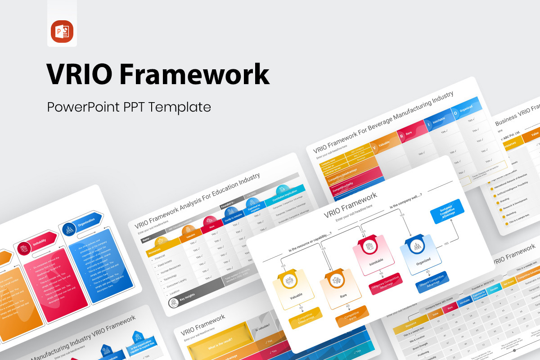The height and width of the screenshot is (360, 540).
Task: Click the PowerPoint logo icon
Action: (62, 31)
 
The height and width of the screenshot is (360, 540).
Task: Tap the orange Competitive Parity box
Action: (351, 317)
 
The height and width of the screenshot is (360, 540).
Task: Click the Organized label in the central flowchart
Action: (423, 260)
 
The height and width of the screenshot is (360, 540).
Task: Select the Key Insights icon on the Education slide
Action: (174, 302)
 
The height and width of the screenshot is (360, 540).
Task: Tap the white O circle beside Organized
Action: (455, 113)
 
